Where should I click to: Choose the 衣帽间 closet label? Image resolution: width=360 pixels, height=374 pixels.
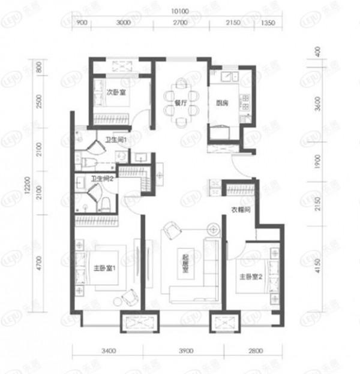(239, 210)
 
